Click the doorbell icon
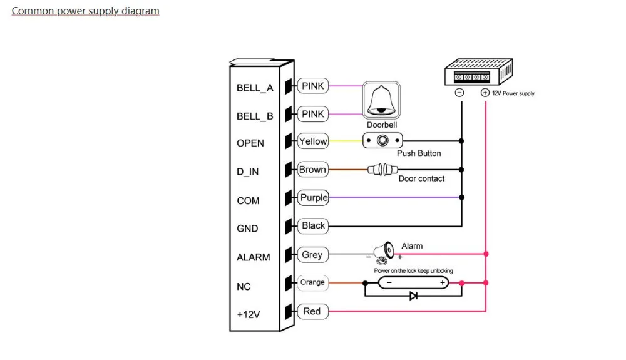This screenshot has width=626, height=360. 381,100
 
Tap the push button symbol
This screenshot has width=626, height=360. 382,141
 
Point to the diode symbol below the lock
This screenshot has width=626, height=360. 413,296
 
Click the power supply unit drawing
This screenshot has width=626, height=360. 478,71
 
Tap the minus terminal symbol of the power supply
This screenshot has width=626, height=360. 459,93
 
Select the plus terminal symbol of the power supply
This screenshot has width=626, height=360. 485,93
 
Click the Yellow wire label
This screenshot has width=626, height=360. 313,141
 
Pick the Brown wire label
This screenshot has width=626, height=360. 312,170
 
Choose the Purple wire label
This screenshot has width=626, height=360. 314,198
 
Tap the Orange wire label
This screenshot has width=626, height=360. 312,282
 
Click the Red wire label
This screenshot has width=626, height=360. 312,311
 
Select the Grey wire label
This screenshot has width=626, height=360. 312,255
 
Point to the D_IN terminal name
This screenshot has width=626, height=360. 248,172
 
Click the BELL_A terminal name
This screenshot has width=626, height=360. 255,88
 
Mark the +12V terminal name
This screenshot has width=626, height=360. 249,314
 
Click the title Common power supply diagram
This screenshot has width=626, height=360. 86,11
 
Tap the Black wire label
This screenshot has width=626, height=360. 313,225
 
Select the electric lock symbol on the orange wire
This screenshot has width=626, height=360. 413,283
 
